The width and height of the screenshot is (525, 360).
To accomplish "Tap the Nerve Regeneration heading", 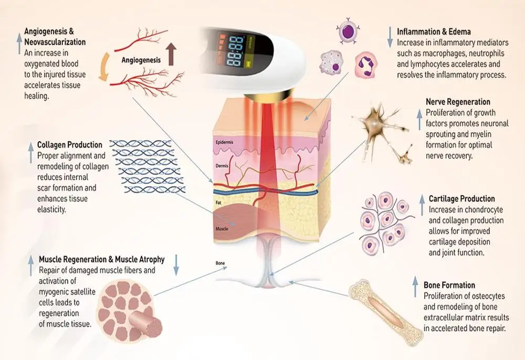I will tap(458, 102).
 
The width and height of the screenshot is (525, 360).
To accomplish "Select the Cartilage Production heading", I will tap(461, 199).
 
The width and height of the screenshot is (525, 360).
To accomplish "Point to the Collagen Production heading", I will tap(70, 144).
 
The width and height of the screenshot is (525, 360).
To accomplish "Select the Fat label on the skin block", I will tap(219, 201).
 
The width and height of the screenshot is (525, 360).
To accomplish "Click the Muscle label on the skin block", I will tap(222, 229).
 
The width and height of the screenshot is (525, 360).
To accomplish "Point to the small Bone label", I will tap(220, 262).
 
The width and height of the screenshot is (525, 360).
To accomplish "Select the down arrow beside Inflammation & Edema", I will tap(390, 36).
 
